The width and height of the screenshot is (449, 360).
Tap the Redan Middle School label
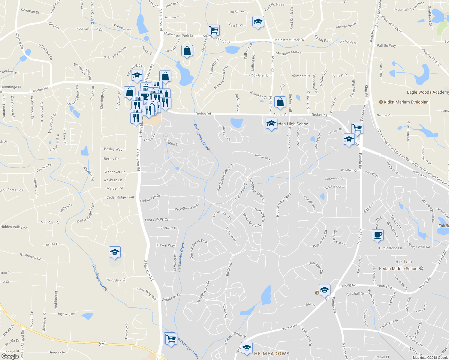click(399, 268)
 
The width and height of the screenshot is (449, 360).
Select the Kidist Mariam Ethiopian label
click(406, 102)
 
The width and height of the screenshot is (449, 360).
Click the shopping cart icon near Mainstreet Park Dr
click(214, 30)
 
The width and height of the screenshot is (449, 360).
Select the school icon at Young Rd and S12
click(324, 290)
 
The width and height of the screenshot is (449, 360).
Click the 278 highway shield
click(102, 344)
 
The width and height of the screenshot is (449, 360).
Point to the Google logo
click(10, 356)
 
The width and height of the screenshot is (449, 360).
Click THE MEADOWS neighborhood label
click(270, 354)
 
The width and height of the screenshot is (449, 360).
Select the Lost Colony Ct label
click(156, 220)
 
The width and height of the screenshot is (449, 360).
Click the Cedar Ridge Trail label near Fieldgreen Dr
click(120, 197)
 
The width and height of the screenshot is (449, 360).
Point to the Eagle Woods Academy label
click(428, 92)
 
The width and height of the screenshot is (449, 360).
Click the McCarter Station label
click(289, 53)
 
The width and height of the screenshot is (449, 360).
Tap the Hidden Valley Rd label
click(14, 227)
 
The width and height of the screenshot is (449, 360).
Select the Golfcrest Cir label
click(316, 267)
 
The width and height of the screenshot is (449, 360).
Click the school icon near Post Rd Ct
click(258, 22)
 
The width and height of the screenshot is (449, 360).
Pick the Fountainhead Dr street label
click(89, 29)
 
